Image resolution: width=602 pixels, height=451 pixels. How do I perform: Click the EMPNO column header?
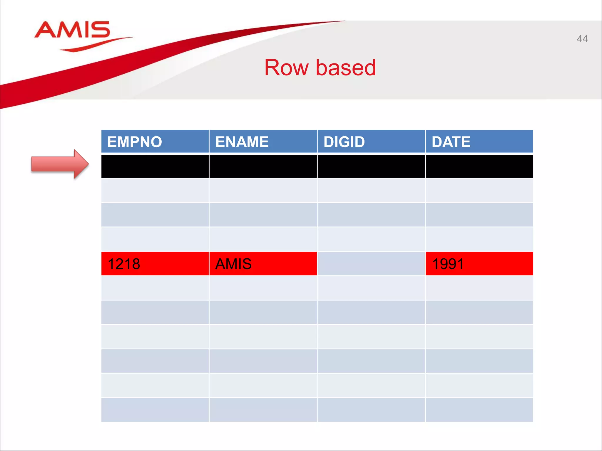pyautogui.click(x=155, y=142)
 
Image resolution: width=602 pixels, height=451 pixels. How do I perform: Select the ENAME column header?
pyautogui.click(x=263, y=142)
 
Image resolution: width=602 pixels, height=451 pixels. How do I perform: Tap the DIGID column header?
pyautogui.click(x=371, y=142)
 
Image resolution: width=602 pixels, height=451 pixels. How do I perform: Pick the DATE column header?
pyautogui.click(x=479, y=142)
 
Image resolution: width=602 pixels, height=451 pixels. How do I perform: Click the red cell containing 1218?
pyautogui.click(x=155, y=264)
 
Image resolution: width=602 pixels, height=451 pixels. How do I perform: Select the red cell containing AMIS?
pyautogui.click(x=263, y=264)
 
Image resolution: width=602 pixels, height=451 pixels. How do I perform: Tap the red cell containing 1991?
pyautogui.click(x=479, y=264)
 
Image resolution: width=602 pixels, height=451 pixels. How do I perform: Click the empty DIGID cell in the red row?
pyautogui.click(x=371, y=264)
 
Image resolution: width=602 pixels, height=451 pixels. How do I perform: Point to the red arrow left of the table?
pyautogui.click(x=60, y=164)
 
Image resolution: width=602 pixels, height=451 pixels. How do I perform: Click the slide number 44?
pyautogui.click(x=582, y=39)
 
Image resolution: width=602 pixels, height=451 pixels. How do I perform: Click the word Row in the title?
pyautogui.click(x=286, y=68)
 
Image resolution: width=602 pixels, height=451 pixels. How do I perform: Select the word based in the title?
pyautogui.click(x=346, y=68)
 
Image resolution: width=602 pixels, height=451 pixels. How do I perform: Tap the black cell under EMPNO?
pyautogui.click(x=155, y=166)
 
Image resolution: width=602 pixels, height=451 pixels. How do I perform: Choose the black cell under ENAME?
pyautogui.click(x=263, y=166)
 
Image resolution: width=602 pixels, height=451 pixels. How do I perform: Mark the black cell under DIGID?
pyautogui.click(x=371, y=166)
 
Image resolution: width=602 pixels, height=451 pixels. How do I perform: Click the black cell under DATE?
pyautogui.click(x=479, y=166)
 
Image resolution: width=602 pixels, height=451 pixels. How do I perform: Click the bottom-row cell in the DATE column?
pyautogui.click(x=479, y=410)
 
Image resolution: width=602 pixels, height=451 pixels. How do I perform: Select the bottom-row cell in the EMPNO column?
pyautogui.click(x=155, y=410)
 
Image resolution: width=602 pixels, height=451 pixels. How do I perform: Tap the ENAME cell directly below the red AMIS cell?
pyautogui.click(x=263, y=288)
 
